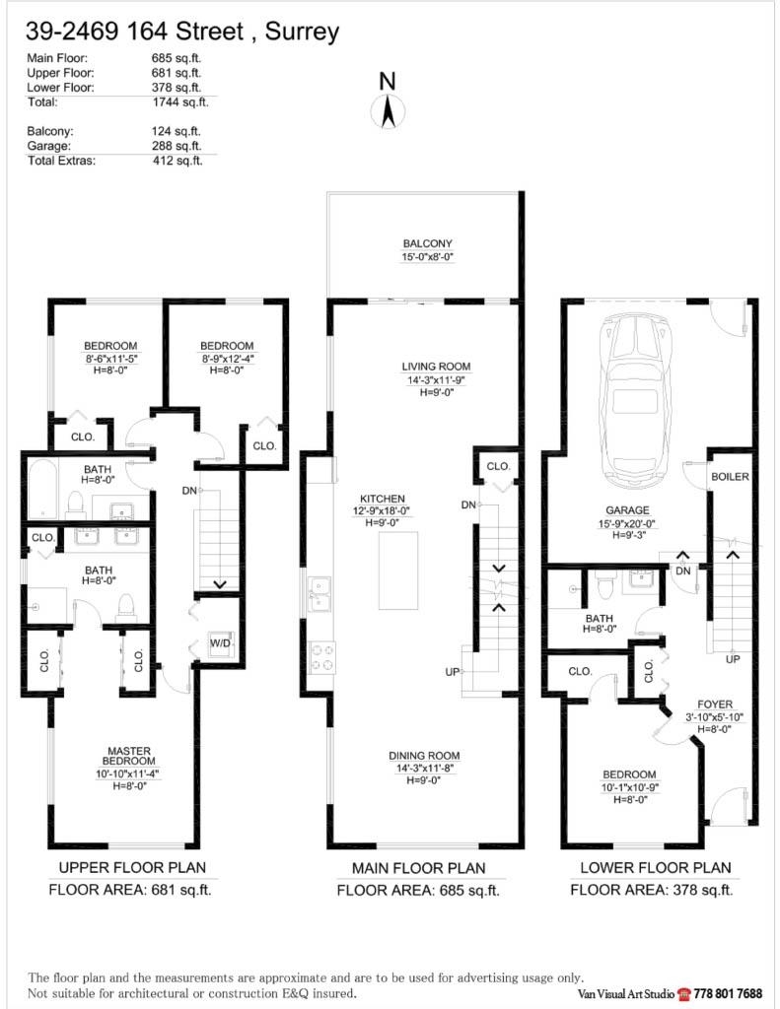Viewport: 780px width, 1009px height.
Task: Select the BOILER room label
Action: click(x=730, y=477)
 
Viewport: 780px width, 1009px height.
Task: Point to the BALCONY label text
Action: click(x=427, y=243)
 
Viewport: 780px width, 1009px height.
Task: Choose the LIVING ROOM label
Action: click(x=427, y=366)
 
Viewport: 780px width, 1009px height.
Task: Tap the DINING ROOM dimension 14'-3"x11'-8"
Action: click(x=424, y=768)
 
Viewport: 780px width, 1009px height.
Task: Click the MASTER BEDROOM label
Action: click(x=129, y=757)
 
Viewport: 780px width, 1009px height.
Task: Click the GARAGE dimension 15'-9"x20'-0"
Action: click(x=627, y=524)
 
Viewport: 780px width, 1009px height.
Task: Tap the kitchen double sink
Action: click(x=320, y=594)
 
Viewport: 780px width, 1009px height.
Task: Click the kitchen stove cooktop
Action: click(x=322, y=656)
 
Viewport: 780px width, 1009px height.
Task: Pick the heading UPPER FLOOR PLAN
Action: click(x=133, y=868)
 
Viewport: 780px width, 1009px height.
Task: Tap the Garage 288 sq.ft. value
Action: click(x=176, y=146)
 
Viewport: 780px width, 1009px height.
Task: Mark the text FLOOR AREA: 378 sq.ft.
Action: click(x=651, y=890)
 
